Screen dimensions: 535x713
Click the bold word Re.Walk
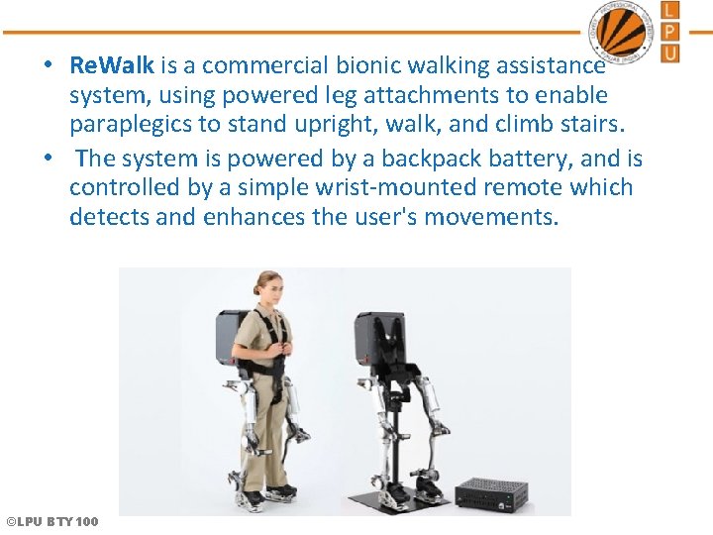point(111,66)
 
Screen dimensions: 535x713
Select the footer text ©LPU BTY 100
point(51,521)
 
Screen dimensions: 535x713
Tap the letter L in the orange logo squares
point(670,11)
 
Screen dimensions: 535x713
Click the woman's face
point(269,290)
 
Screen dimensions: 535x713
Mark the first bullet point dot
point(48,66)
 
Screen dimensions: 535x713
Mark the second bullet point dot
point(48,159)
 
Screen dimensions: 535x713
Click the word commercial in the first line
point(256,66)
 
